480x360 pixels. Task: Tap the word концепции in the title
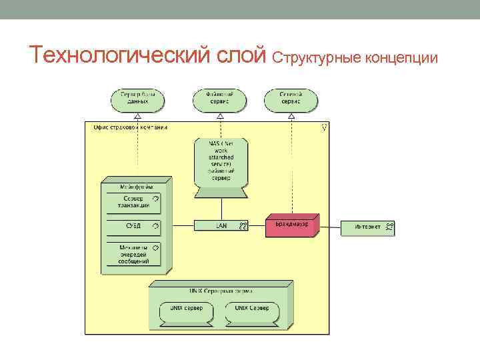(399, 59)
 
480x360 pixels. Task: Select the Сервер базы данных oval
(137, 99)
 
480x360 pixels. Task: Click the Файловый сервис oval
(219, 99)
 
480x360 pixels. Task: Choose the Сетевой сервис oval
(290, 99)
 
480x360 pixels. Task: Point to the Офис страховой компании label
(131, 127)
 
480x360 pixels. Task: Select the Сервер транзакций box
(133, 203)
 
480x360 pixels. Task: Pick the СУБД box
(133, 227)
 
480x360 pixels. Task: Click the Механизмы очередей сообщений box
(133, 254)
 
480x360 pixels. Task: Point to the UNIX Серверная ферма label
(219, 291)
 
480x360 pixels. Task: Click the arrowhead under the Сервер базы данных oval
(137, 116)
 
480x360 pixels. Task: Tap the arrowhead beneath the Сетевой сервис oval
(291, 116)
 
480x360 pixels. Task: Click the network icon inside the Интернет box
(389, 227)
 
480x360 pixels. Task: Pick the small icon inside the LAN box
(243, 226)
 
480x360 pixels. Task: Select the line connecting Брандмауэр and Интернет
(330, 226)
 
